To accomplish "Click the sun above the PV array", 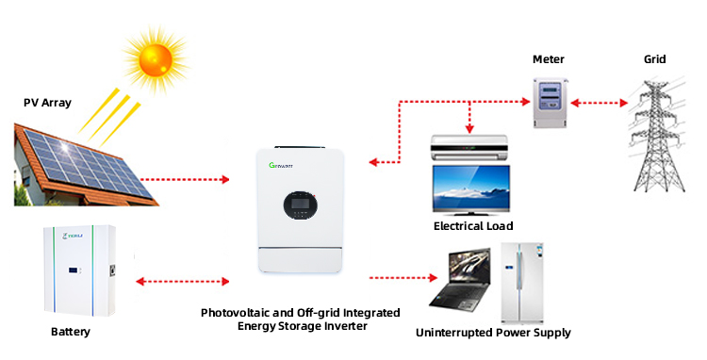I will click(x=153, y=59).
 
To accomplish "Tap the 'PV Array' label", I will click(x=48, y=101).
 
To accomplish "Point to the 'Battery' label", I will click(x=72, y=332).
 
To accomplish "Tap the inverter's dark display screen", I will click(x=297, y=204).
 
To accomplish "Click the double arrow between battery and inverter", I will click(x=183, y=280).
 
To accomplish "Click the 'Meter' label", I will click(x=548, y=59).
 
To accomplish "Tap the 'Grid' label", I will click(x=654, y=59).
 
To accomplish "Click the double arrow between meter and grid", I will click(x=600, y=101).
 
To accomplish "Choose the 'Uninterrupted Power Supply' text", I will click(x=493, y=333).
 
